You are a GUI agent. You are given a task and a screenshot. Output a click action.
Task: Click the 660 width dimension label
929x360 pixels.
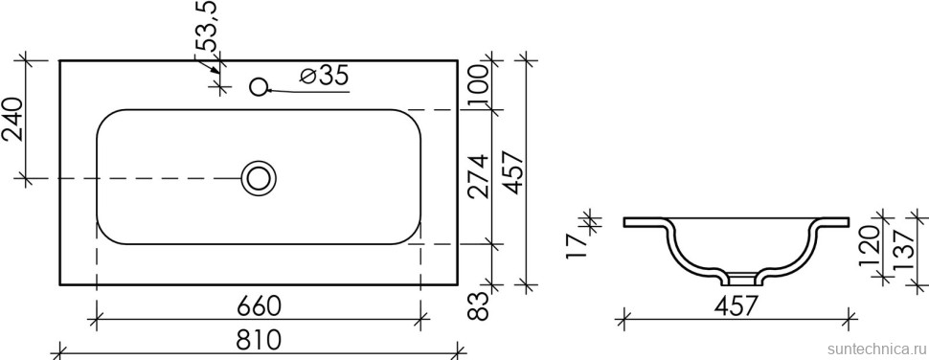[258, 307]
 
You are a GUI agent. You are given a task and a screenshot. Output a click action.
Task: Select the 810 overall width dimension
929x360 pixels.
[258, 341]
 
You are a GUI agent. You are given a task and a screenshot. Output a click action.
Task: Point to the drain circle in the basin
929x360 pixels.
[258, 177]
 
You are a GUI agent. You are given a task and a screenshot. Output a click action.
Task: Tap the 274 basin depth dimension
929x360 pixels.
[482, 178]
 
